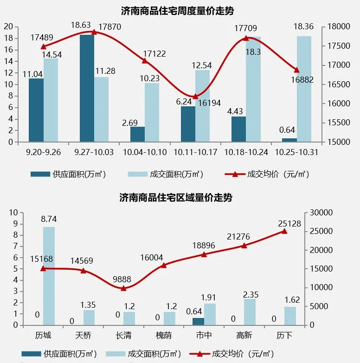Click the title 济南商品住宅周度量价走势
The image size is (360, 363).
click(x=180, y=10)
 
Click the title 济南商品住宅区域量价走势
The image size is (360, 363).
click(x=176, y=197)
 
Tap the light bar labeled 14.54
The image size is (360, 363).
click(x=51, y=100)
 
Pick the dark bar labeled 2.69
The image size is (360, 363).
click(x=137, y=134)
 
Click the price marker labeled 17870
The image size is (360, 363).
click(x=94, y=32)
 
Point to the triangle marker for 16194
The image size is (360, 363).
click(x=195, y=97)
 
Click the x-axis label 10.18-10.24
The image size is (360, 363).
click(x=245, y=152)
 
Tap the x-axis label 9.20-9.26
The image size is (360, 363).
click(x=43, y=152)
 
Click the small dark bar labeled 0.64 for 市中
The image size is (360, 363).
click(x=198, y=321)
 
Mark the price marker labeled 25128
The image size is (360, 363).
click(x=284, y=231)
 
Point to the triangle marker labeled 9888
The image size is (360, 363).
click(x=123, y=288)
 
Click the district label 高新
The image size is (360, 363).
click(x=244, y=335)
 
